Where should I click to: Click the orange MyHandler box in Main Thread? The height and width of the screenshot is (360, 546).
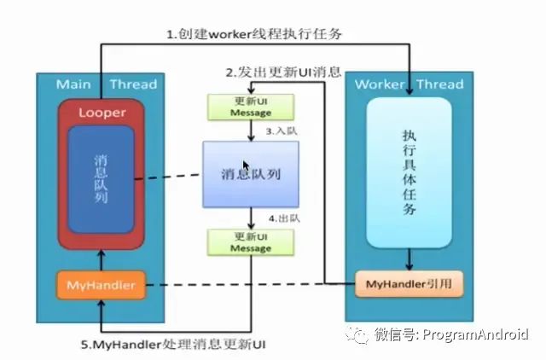[100, 285]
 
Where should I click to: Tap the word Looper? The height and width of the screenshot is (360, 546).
[101, 113]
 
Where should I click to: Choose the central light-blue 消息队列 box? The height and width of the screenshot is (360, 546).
[250, 174]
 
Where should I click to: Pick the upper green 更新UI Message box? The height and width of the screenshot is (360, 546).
[250, 107]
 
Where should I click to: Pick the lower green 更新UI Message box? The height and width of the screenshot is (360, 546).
[250, 242]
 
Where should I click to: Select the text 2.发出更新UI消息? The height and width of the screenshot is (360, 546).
[282, 73]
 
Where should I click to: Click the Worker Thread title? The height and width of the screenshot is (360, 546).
[408, 84]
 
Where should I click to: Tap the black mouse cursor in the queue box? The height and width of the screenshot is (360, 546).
[247, 166]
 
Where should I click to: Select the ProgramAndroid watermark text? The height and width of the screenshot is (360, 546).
[473, 334]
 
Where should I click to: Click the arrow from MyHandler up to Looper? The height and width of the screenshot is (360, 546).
[100, 261]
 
